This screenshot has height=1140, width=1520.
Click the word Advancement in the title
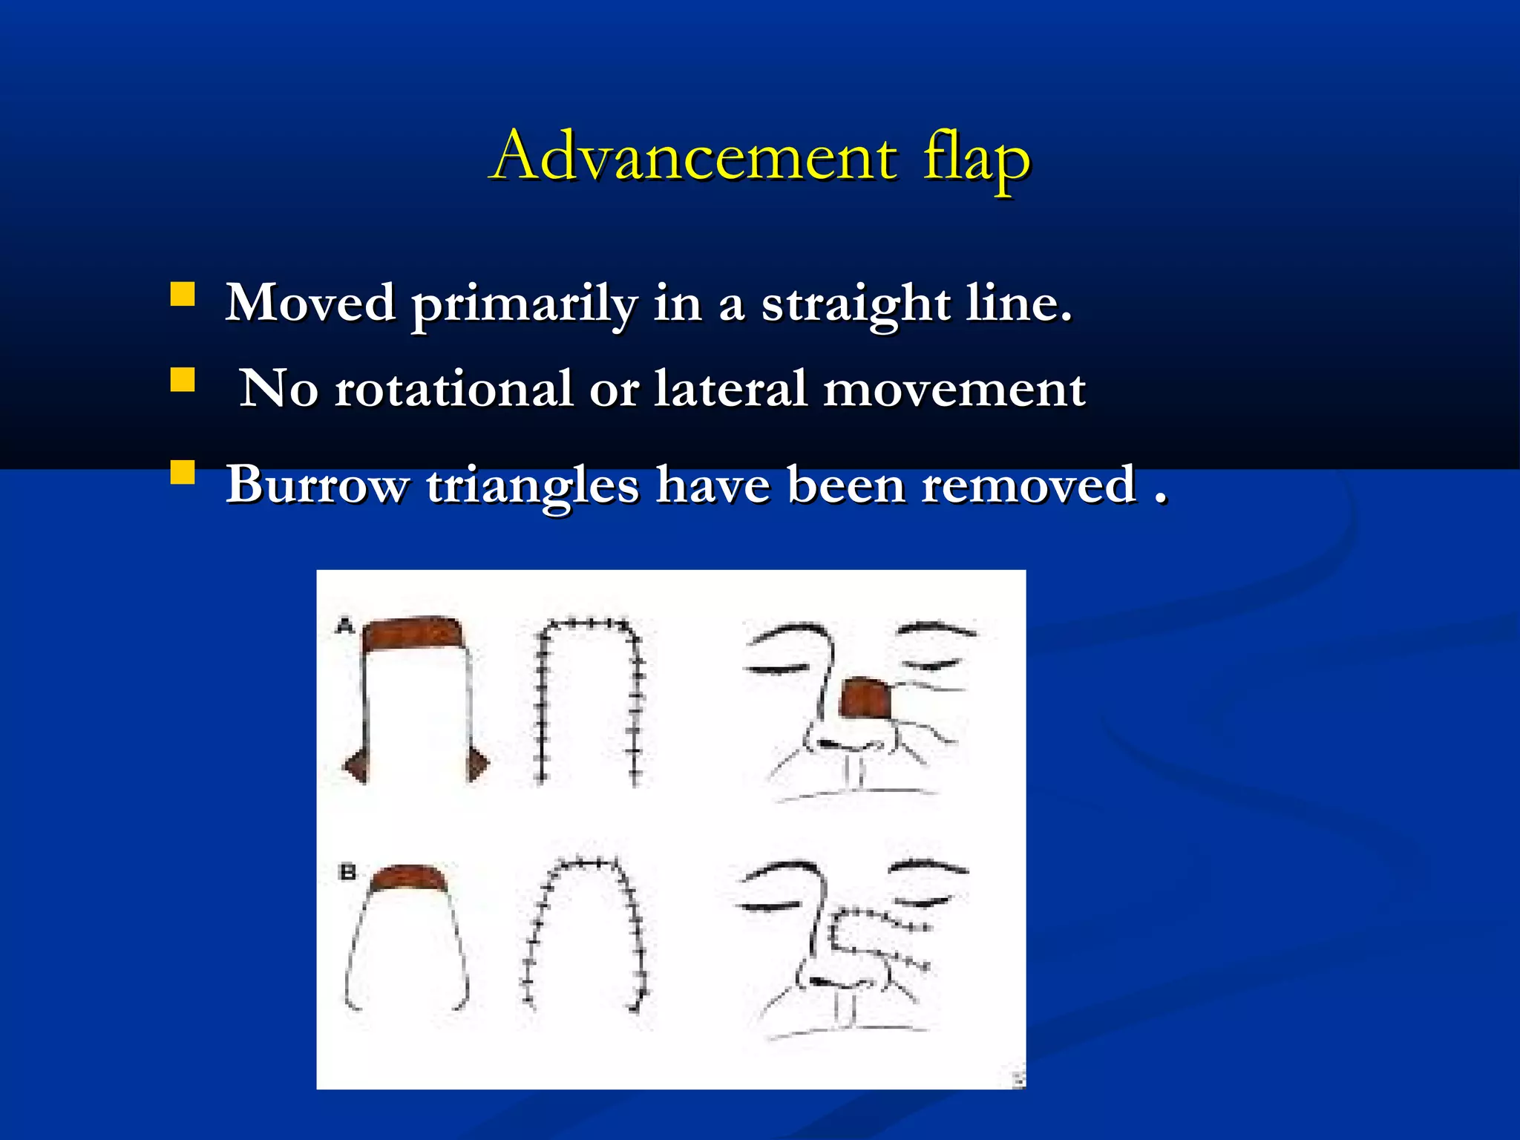point(693,157)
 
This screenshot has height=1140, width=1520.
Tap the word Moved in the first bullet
point(310,303)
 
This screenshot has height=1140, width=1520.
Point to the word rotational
point(453,389)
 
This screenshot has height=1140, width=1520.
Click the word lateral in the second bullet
point(730,389)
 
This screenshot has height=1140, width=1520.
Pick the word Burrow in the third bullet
point(317,485)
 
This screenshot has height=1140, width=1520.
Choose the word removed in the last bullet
point(1029,485)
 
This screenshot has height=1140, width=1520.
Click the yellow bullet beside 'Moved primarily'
point(183,295)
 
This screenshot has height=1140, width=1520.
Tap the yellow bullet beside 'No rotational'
point(183,380)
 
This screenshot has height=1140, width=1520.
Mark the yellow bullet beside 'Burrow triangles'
point(183,473)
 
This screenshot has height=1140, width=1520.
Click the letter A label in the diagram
point(344,626)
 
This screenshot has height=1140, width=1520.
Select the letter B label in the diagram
point(347,871)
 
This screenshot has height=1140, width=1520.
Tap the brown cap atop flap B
point(409,877)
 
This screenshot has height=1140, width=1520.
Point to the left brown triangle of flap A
point(357,764)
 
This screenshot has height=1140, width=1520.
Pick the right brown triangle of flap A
point(477,764)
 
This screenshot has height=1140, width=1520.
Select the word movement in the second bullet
point(954,389)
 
